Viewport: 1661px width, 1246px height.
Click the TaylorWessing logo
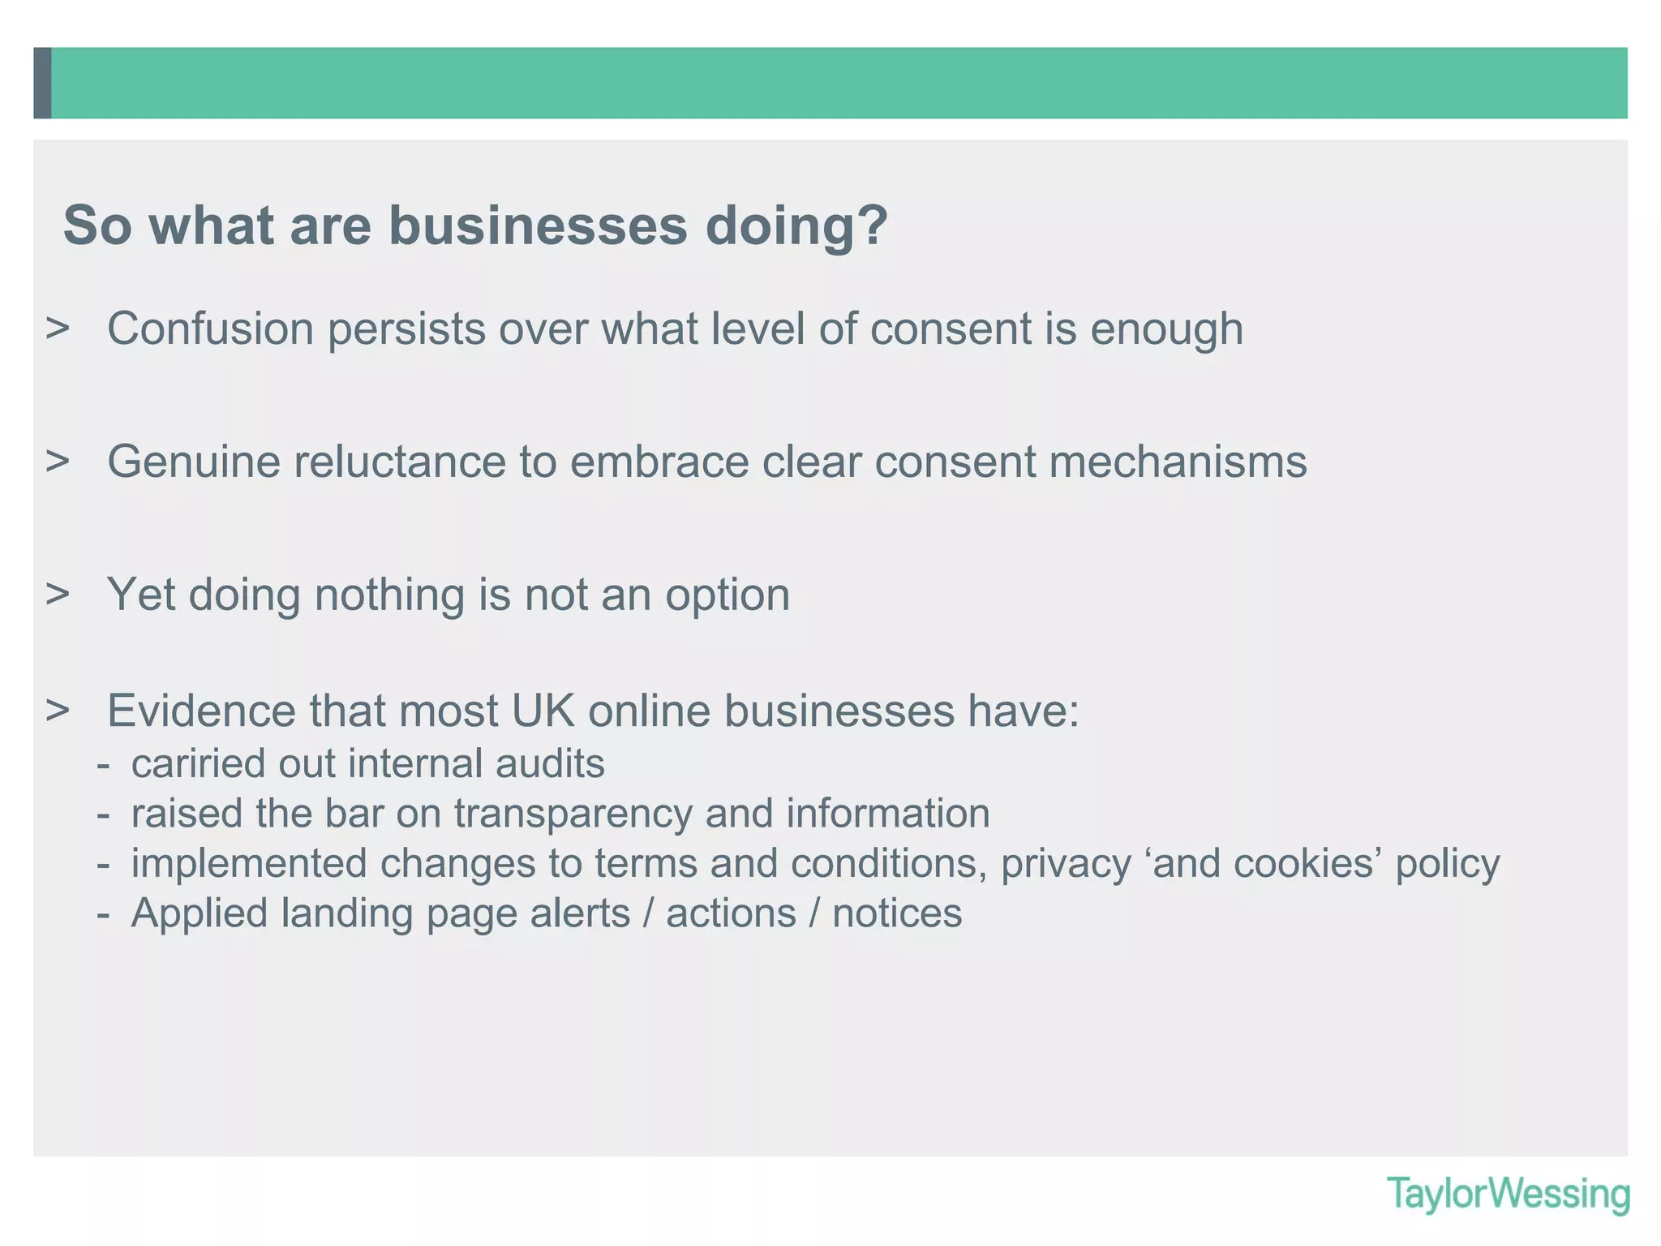pos(1508,1194)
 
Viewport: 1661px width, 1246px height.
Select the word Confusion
pos(210,329)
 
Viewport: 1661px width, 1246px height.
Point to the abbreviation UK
pos(543,711)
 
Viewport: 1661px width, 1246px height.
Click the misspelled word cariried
pos(192,764)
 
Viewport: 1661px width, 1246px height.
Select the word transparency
pos(573,814)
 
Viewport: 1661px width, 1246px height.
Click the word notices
pos(897,913)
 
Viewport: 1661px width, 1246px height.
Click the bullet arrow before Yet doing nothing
pos(58,595)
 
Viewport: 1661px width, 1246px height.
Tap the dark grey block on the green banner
pos(43,83)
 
